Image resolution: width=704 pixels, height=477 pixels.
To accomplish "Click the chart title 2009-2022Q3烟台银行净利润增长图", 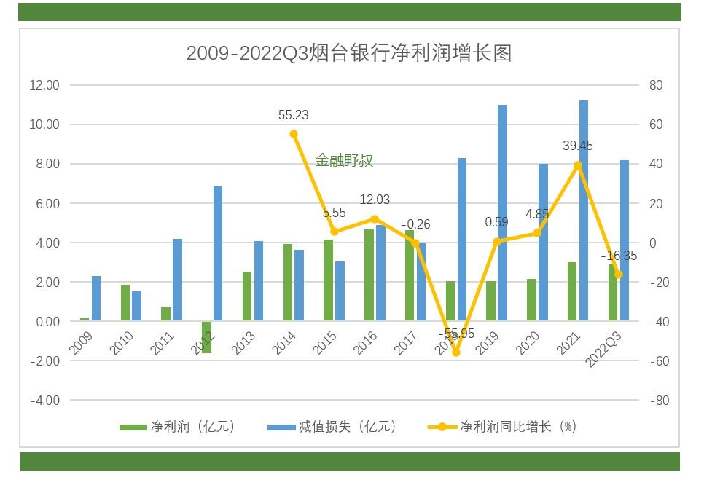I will (x=349, y=53).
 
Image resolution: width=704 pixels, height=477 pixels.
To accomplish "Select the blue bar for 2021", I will (x=584, y=211).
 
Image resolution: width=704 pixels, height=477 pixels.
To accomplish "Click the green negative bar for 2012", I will (x=206, y=337).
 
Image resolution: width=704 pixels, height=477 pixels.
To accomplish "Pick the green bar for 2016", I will (x=369, y=275).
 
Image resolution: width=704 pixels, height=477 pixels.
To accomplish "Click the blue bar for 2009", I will (x=96, y=299).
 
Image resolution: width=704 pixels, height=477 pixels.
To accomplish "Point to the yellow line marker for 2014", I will (x=294, y=134).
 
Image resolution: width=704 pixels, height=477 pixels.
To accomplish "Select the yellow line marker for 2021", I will (x=578, y=165).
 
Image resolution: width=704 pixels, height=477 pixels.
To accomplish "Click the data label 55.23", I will (x=294, y=115).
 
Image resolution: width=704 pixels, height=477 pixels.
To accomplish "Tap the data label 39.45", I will (x=578, y=146).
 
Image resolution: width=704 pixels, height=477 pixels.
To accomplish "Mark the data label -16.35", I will (x=619, y=256).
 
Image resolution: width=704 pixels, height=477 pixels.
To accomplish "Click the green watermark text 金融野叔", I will (x=344, y=161).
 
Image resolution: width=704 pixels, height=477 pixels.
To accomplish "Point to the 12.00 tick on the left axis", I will (x=44, y=85).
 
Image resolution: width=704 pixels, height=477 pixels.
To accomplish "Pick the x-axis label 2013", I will (x=243, y=343).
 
